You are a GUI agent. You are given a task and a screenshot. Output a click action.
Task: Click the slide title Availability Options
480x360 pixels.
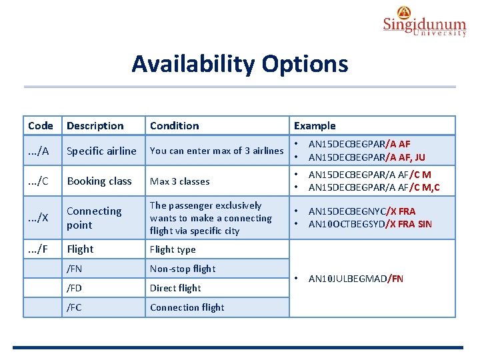point(239,64)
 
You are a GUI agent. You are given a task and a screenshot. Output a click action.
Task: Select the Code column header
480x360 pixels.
point(41,125)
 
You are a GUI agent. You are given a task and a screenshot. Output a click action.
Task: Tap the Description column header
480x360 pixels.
point(95,125)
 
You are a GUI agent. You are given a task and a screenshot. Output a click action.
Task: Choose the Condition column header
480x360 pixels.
point(174,125)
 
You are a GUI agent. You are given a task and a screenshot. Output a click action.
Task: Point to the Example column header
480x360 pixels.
point(315,125)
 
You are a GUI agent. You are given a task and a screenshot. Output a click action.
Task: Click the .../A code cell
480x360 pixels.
point(39,151)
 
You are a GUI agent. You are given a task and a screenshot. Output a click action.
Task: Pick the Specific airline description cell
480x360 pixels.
point(101,151)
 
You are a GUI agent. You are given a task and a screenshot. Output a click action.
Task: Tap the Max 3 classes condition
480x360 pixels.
point(179,181)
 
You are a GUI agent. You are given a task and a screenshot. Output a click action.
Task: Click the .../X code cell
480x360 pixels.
point(39,218)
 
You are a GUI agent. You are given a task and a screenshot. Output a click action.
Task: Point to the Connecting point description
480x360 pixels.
point(94,218)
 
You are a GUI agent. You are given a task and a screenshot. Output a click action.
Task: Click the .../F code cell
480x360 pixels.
point(38,249)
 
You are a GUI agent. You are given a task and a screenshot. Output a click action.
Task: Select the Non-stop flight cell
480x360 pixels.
point(183,269)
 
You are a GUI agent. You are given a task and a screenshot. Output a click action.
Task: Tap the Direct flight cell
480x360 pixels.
point(175,288)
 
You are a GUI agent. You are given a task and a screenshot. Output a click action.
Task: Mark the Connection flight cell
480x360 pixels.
point(187,307)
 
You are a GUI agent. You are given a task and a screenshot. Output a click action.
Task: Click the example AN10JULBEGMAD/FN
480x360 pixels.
point(355,279)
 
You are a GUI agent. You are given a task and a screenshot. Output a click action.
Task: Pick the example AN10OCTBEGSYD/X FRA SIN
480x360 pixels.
point(370,224)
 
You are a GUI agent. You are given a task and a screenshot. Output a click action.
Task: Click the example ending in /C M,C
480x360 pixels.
point(374,187)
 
